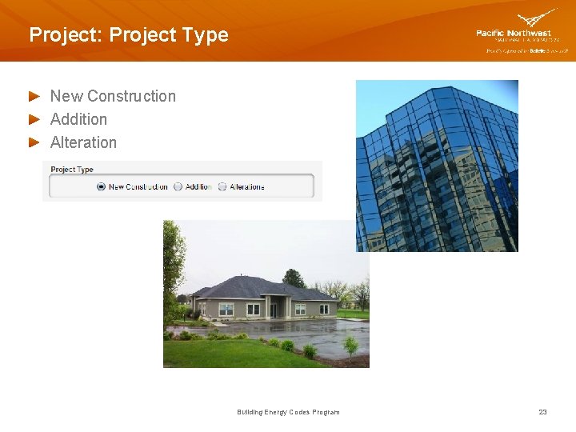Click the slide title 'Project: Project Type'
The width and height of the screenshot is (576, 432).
(128, 35)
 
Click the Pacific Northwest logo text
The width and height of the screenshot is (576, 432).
(513, 33)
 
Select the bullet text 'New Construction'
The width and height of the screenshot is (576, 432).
(113, 96)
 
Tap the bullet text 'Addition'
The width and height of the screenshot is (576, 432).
(78, 119)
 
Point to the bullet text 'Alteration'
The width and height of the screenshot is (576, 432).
(83, 142)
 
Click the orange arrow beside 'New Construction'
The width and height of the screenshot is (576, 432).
(34, 96)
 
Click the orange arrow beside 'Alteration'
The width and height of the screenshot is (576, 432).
(34, 142)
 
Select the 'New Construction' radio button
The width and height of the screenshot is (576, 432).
(101, 186)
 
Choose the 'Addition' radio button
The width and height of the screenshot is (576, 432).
(178, 186)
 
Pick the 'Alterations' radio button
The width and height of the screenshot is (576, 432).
(222, 186)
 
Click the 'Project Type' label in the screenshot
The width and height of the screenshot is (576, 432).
(72, 170)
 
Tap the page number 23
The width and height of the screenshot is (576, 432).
(542, 412)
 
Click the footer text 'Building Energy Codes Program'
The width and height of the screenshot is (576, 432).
(288, 412)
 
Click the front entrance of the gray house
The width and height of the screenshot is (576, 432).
(275, 307)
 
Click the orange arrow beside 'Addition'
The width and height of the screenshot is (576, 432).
(34, 119)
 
